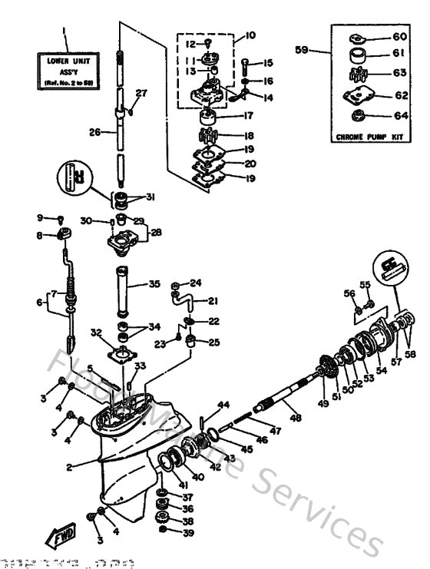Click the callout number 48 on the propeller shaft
click(x=296, y=418)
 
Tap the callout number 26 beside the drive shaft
click(x=94, y=131)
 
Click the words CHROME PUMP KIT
click(x=369, y=137)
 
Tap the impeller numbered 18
click(x=207, y=136)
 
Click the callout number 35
click(x=155, y=283)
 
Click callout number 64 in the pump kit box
click(x=401, y=117)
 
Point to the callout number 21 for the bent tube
click(x=213, y=300)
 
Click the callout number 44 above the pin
click(x=223, y=405)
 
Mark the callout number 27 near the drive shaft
click(x=141, y=93)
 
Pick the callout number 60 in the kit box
click(x=400, y=37)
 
